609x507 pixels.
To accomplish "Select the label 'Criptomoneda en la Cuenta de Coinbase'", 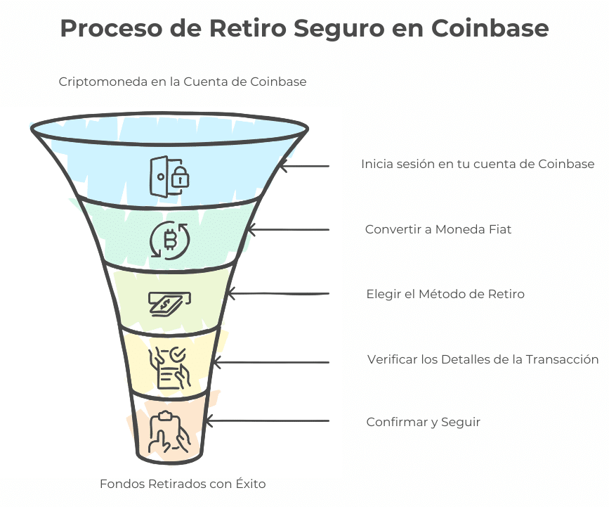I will tap(182, 82).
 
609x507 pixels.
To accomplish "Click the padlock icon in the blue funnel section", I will tap(170, 175).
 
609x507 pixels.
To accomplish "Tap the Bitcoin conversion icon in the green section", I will tap(170, 240).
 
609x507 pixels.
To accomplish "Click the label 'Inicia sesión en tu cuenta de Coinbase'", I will tap(478, 164).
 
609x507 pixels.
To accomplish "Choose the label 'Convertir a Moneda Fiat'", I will tap(438, 229).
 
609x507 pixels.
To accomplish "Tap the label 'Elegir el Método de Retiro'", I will tap(445, 294).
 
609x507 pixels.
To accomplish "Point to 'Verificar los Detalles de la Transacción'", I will tap(483, 359).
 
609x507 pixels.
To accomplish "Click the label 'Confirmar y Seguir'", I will tap(423, 422).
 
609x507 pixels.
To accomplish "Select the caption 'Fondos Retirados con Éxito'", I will tap(183, 484).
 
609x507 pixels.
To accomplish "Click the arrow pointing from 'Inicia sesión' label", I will tap(303, 166).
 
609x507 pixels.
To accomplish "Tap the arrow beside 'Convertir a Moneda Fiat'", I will tap(288, 230).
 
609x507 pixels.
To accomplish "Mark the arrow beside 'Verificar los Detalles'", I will tap(270, 363).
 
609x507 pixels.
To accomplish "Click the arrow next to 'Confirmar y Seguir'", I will tap(267, 421).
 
